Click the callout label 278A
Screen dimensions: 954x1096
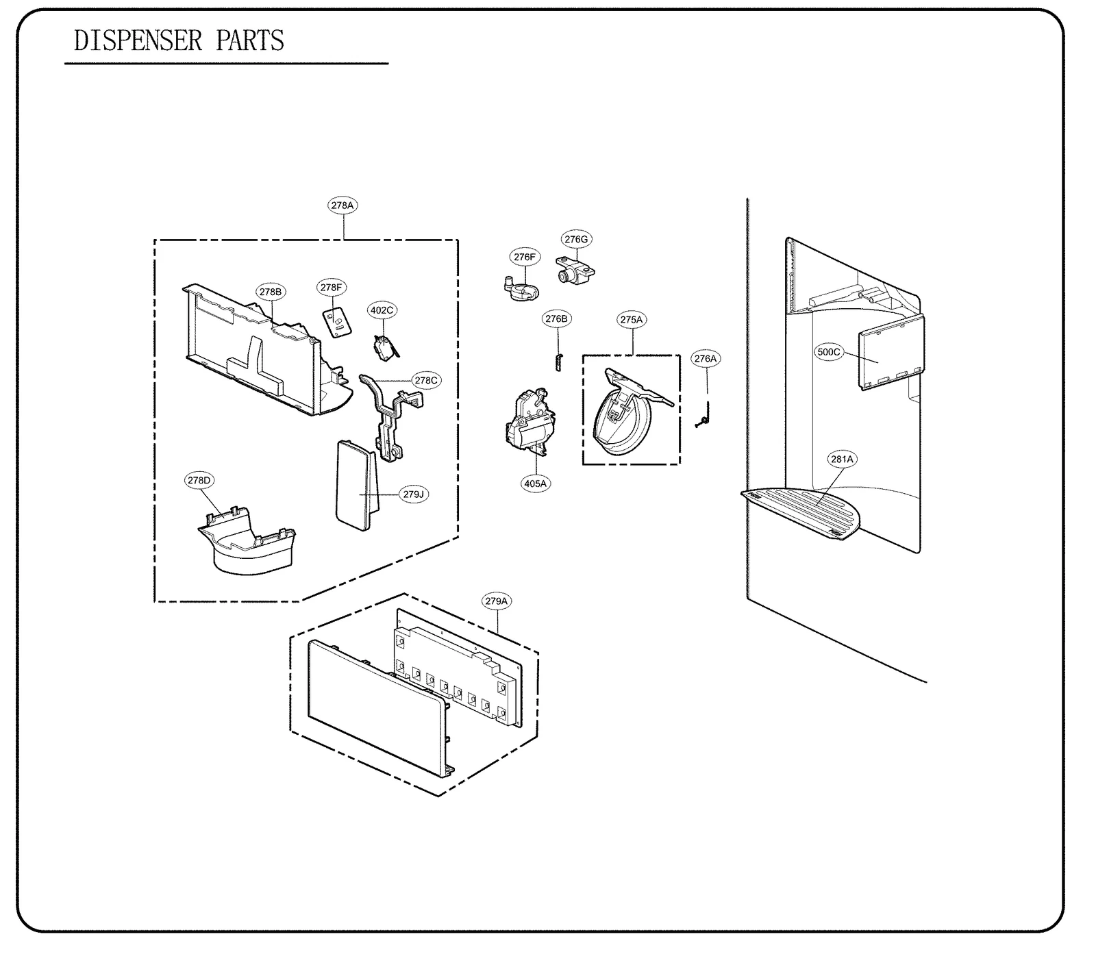pyautogui.click(x=342, y=205)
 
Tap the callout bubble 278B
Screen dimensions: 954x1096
pyautogui.click(x=271, y=292)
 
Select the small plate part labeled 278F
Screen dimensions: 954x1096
pyautogui.click(x=336, y=321)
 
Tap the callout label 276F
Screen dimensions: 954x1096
pyautogui.click(x=525, y=257)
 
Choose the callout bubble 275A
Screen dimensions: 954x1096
pyautogui.click(x=632, y=320)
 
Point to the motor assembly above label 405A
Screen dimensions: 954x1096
pyautogui.click(x=529, y=423)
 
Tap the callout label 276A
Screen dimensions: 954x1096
pyautogui.click(x=705, y=359)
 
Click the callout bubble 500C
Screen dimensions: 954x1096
pyautogui.click(x=828, y=352)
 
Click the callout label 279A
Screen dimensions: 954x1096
pyautogui.click(x=497, y=601)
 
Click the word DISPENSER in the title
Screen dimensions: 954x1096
pyautogui.click(x=138, y=41)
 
